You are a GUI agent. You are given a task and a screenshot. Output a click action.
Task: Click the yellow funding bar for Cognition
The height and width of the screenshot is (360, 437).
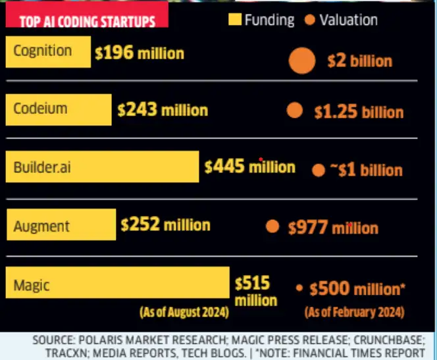(x=47, y=52)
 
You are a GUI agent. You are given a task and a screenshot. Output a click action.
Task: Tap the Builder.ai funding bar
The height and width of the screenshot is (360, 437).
(x=101, y=167)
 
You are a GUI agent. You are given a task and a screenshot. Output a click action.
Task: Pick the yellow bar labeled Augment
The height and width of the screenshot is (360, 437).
(x=61, y=225)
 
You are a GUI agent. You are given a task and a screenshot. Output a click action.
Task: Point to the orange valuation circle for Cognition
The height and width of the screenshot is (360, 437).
(x=303, y=61)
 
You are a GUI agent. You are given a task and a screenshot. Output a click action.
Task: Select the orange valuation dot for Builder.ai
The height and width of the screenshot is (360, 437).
(x=319, y=170)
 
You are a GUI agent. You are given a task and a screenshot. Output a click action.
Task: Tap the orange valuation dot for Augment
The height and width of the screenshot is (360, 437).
(x=272, y=227)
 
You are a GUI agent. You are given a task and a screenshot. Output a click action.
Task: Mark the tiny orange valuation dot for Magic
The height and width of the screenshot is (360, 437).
(x=299, y=288)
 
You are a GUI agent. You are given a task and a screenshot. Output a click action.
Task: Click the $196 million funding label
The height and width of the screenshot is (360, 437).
(x=139, y=53)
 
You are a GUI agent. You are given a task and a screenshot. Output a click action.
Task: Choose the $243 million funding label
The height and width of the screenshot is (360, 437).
(x=163, y=111)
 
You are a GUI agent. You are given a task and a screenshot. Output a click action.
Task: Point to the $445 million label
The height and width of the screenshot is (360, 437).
(x=249, y=167)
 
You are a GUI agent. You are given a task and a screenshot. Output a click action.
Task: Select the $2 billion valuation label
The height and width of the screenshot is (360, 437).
(x=359, y=61)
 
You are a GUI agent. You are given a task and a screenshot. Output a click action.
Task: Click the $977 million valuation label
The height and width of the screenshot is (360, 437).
(x=333, y=228)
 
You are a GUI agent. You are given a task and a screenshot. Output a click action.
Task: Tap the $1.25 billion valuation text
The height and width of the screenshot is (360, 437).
(x=358, y=112)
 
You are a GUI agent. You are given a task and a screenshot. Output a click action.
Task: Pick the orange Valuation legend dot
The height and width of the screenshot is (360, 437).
(x=310, y=20)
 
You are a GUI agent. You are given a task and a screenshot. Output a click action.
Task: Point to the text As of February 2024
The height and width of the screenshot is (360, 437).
(x=355, y=311)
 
